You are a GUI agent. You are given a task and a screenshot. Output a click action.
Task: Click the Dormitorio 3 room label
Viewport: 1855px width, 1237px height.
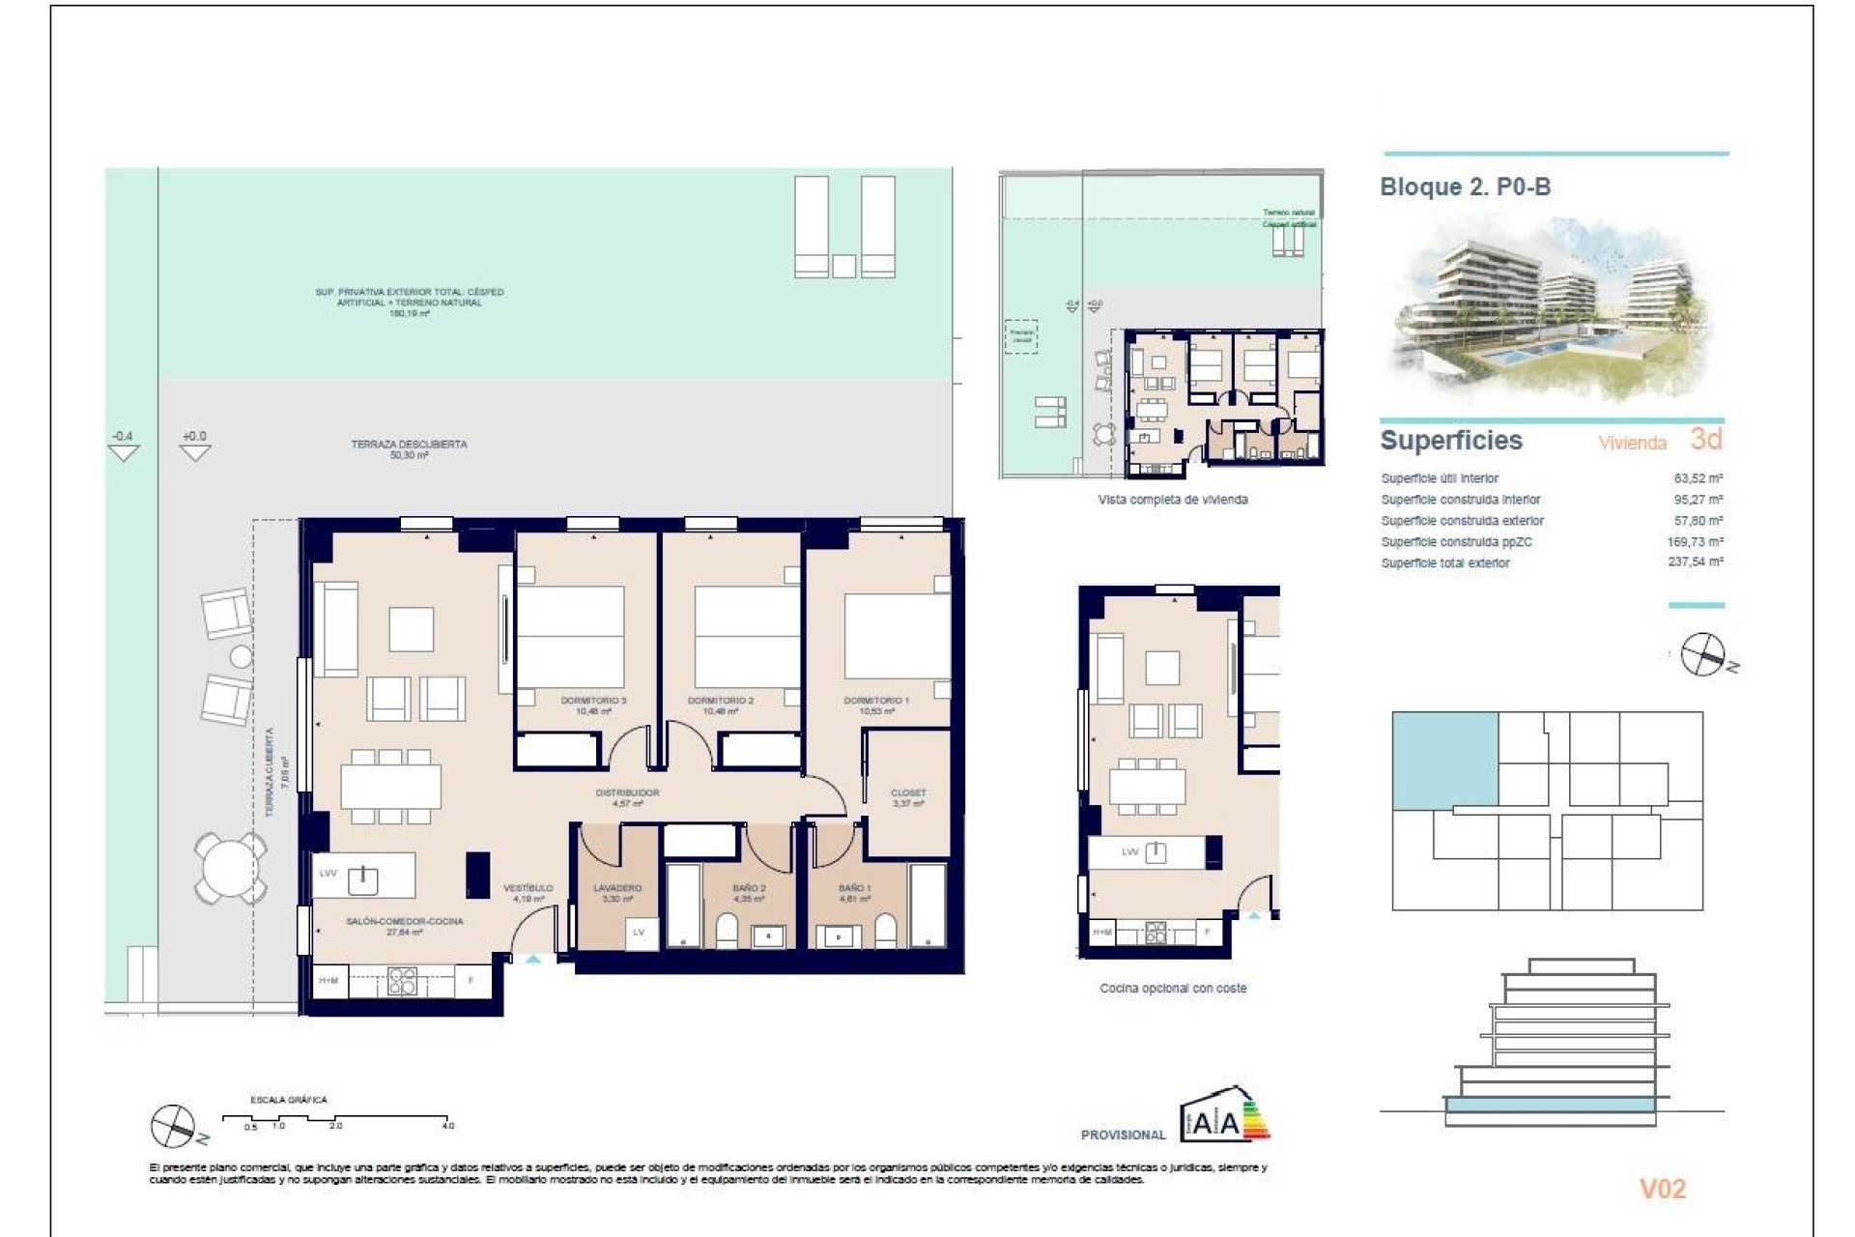click(593, 701)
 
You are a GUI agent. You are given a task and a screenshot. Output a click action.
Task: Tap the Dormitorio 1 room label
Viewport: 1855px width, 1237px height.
click(875, 701)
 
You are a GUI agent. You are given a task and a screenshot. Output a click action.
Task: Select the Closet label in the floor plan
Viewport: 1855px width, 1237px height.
click(908, 793)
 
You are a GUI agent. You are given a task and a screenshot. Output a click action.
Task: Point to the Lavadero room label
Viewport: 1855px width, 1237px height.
click(617, 888)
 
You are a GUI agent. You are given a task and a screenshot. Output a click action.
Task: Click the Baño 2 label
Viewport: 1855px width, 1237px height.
click(749, 888)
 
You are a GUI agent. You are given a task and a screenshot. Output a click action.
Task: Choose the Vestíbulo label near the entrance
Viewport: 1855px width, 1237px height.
click(528, 888)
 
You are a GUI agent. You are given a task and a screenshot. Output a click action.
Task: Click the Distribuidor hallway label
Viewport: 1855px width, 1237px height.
click(627, 793)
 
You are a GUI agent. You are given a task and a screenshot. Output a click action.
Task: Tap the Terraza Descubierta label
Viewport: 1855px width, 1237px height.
click(409, 445)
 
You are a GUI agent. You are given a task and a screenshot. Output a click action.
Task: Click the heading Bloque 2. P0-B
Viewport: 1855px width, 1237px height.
click(1465, 187)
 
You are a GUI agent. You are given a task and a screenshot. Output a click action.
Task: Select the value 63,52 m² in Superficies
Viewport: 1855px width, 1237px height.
click(1698, 478)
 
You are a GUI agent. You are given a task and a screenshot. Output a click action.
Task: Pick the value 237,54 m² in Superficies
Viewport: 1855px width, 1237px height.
click(1695, 562)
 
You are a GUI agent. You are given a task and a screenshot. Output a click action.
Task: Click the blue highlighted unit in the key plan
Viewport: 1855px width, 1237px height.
click(1444, 760)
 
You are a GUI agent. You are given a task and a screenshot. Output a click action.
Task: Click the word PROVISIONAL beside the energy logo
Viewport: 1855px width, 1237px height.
click(1123, 1135)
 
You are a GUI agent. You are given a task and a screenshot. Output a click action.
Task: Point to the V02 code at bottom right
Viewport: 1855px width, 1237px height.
click(1662, 1189)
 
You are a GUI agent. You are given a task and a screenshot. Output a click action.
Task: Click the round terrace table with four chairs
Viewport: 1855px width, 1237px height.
click(230, 867)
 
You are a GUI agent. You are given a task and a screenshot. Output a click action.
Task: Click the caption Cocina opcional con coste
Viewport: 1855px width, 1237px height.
click(1173, 989)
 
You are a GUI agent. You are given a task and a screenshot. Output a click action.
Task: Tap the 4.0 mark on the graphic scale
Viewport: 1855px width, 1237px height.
click(448, 1125)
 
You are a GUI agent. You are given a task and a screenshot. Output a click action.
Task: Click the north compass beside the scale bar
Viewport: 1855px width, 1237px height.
click(174, 1126)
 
